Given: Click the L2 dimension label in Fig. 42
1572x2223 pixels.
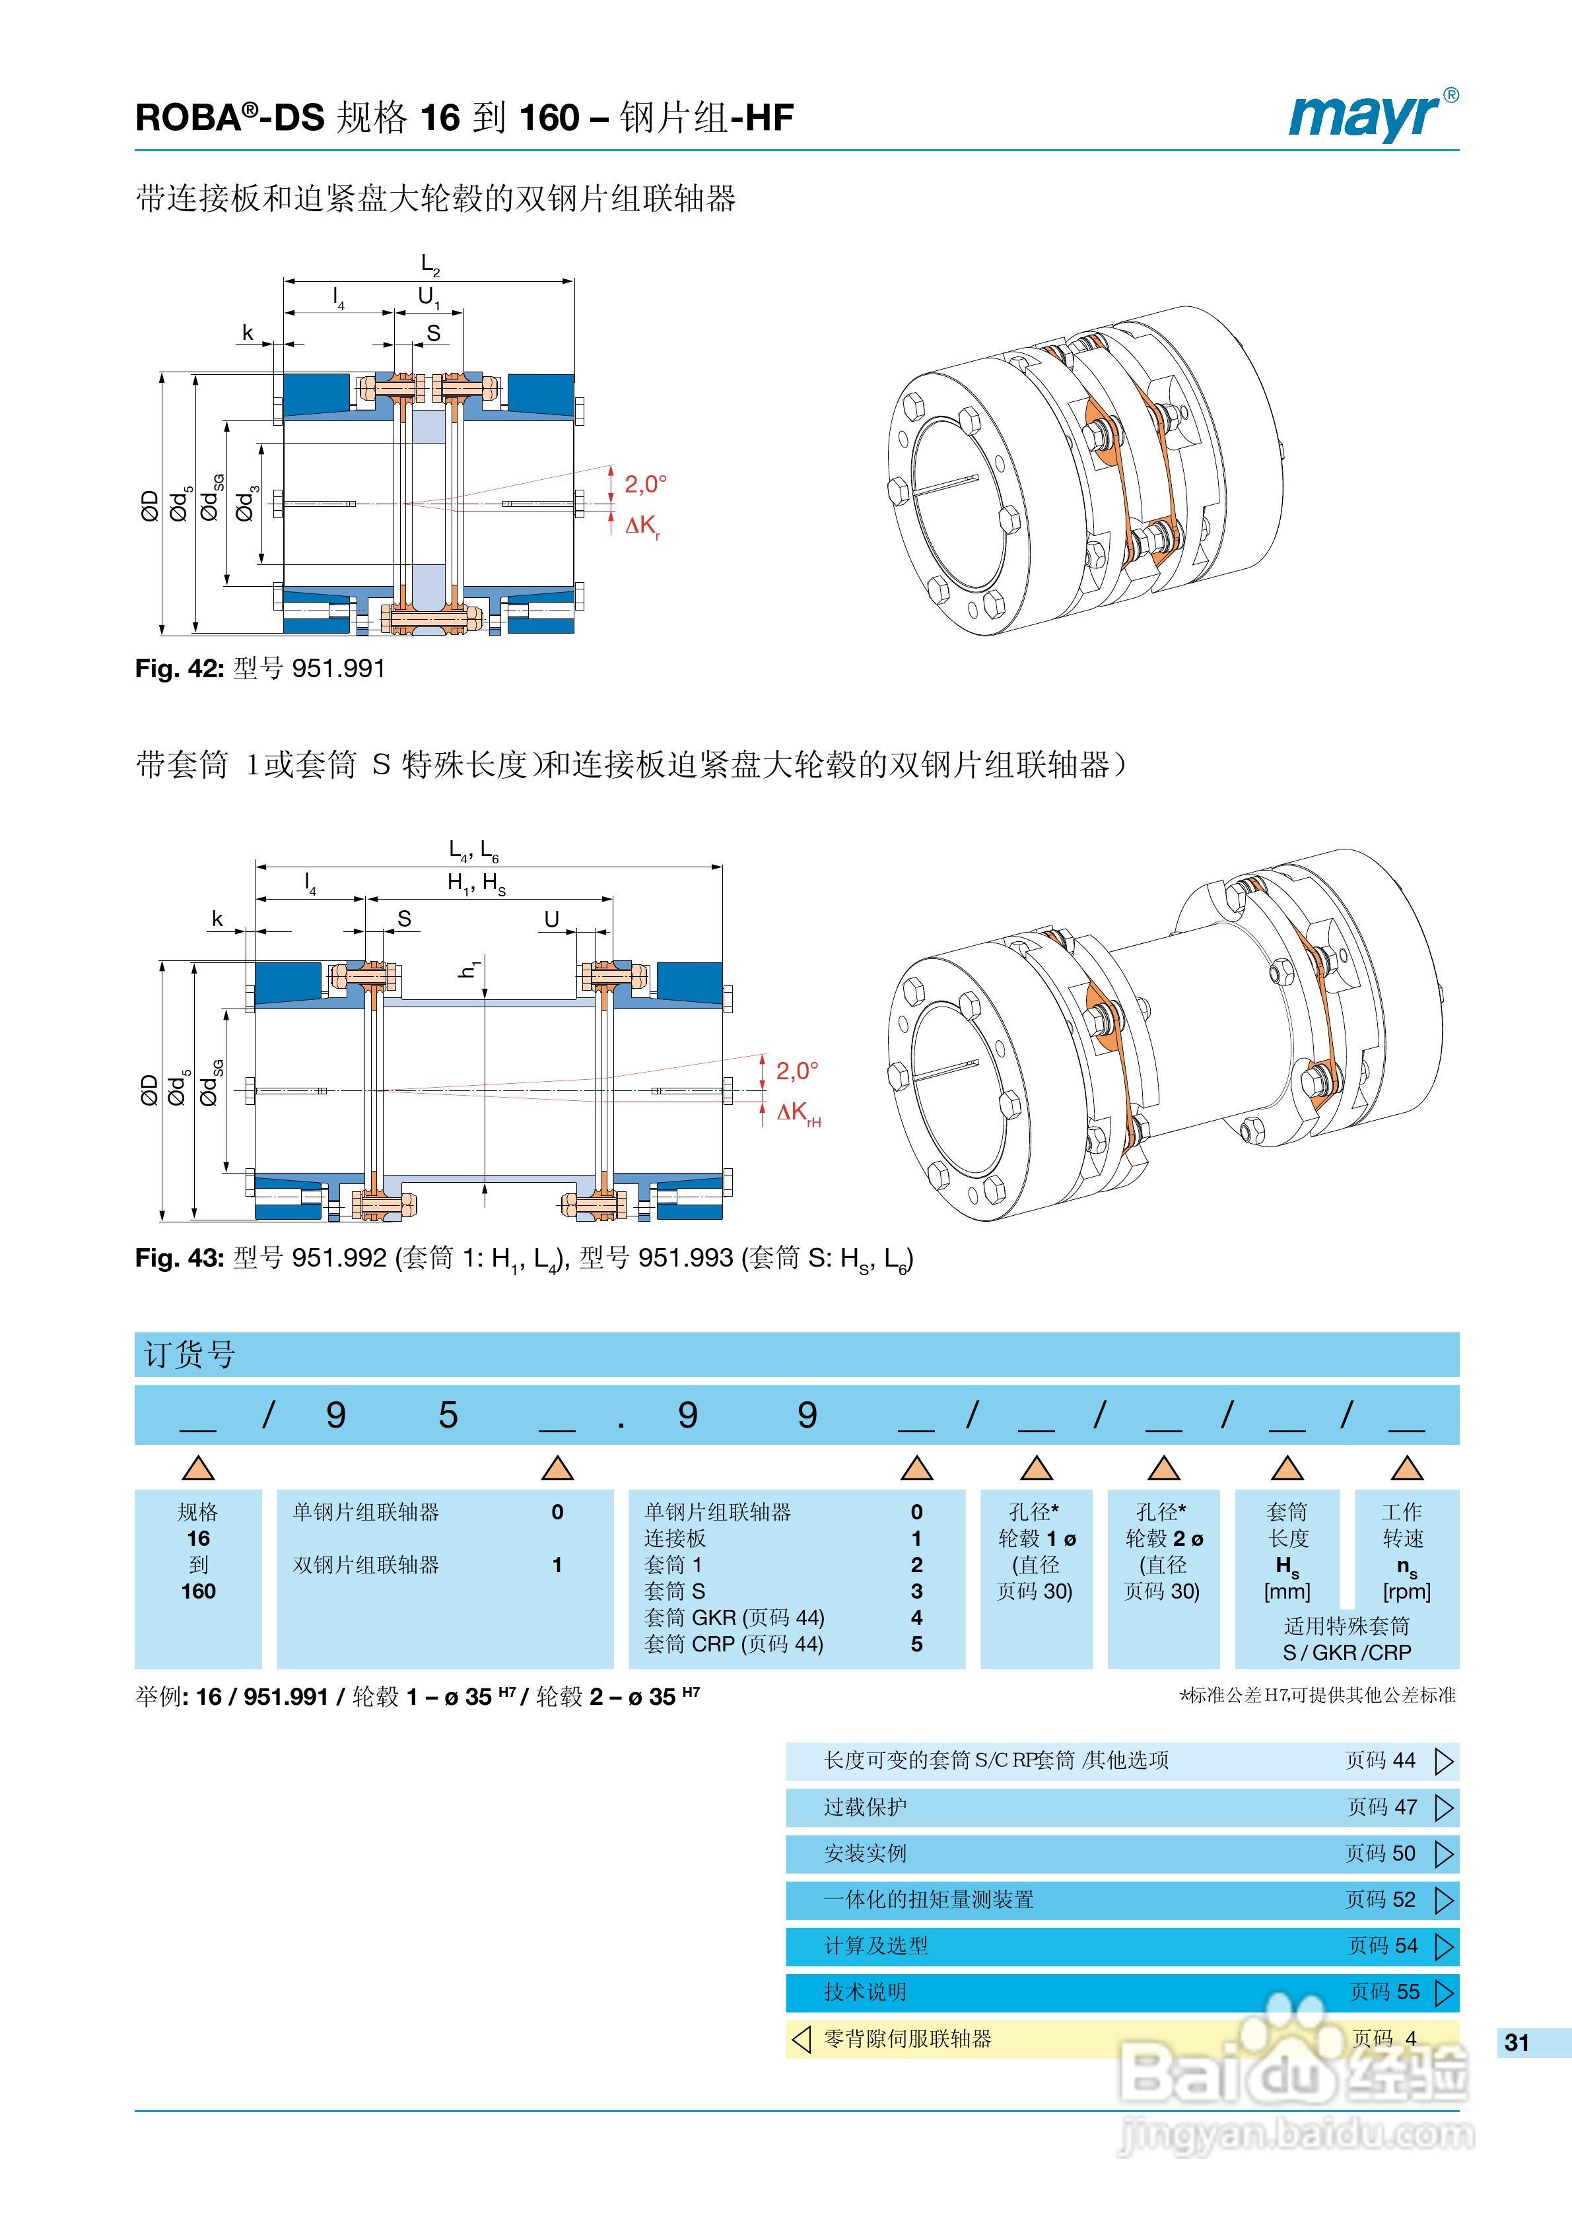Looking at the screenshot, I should pyautogui.click(x=430, y=264).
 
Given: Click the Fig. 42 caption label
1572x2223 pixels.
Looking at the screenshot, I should pyautogui.click(x=179, y=669).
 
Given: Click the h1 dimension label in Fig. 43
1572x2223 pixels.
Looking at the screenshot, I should pyautogui.click(x=469, y=967).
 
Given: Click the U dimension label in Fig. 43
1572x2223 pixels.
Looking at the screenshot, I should pyautogui.click(x=551, y=919).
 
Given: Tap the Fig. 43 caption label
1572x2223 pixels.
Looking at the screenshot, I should pyautogui.click(x=179, y=1258).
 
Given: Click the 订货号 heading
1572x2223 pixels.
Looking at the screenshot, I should pyautogui.click(x=190, y=1354).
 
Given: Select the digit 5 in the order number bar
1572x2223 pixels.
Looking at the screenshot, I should pyautogui.click(x=448, y=1416).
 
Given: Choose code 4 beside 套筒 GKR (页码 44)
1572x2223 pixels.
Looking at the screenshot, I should pyautogui.click(x=916, y=1617).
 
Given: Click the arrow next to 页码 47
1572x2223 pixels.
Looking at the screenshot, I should pyautogui.click(x=1443, y=1807).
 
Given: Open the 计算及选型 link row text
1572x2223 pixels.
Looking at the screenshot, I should pyautogui.click(x=875, y=1945).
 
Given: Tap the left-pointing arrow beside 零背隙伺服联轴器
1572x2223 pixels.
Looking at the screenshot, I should pyautogui.click(x=801, y=2038).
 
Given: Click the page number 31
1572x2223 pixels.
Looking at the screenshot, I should pyautogui.click(x=1517, y=2042).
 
